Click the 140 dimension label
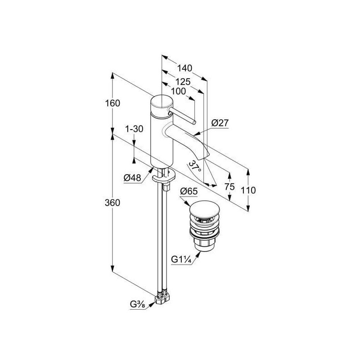tap(184, 68)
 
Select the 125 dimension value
tap(183, 81)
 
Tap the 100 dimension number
tap(178, 91)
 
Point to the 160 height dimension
tap(112, 103)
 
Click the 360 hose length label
tap(112, 203)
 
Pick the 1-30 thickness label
tap(134, 129)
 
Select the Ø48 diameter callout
tap(132, 177)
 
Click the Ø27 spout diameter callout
tap(220, 123)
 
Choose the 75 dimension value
tap(229, 187)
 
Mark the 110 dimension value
tap(248, 190)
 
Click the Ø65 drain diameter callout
tap(189, 191)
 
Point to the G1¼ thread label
tap(181, 260)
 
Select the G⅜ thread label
tap(138, 305)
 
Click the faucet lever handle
tap(182, 117)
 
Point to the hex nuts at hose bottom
tap(162, 298)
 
